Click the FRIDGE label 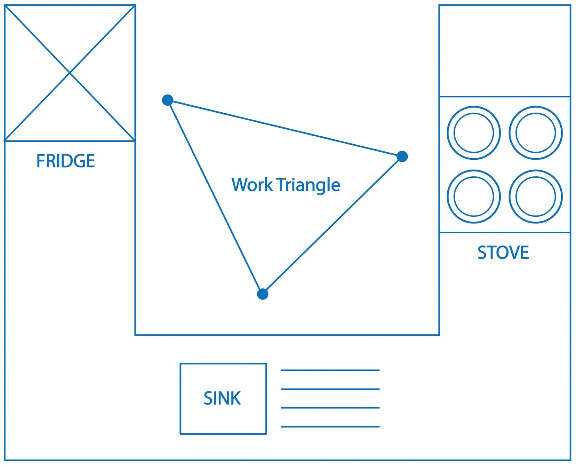pyautogui.click(x=66, y=161)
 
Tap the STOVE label pyautogui.click(x=503, y=253)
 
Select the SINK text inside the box pyautogui.click(x=222, y=398)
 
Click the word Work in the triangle pyautogui.click(x=252, y=185)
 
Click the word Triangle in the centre pyautogui.click(x=308, y=185)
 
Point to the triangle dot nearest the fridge pyautogui.click(x=168, y=100)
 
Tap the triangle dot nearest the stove pyautogui.click(x=402, y=157)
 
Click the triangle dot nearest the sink pyautogui.click(x=262, y=294)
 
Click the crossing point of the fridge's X pyautogui.click(x=70, y=73)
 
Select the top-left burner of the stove pyautogui.click(x=474, y=133)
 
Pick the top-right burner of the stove pyautogui.click(x=535, y=133)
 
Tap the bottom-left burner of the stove pyautogui.click(x=474, y=196)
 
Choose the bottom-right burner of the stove pyautogui.click(x=535, y=196)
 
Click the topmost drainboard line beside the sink pyautogui.click(x=330, y=370)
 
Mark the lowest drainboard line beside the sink pyautogui.click(x=330, y=426)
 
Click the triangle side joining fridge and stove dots pyautogui.click(x=285, y=128)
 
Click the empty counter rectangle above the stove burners pyautogui.click(x=505, y=51)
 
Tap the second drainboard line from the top pyautogui.click(x=330, y=389)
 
